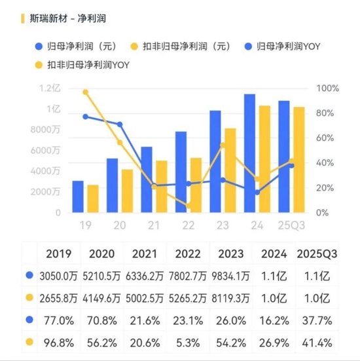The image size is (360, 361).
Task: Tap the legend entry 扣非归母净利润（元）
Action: coord(183,47)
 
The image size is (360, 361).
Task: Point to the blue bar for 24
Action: coord(249,154)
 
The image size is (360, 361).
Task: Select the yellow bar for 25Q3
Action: coord(298,160)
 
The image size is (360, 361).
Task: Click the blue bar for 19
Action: coord(78,197)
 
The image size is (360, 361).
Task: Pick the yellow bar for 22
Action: coord(196,185)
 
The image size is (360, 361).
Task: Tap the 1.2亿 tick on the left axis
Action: coord(49,88)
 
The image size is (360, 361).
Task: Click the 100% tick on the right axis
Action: coord(327,88)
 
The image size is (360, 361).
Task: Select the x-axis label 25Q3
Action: coord(291,225)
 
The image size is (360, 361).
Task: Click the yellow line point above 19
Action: coord(86,92)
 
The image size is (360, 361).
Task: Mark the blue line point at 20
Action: coord(120,124)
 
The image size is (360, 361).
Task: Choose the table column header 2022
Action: coord(188,254)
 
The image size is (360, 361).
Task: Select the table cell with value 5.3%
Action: coord(188,341)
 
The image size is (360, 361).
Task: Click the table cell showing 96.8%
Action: coord(59,341)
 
